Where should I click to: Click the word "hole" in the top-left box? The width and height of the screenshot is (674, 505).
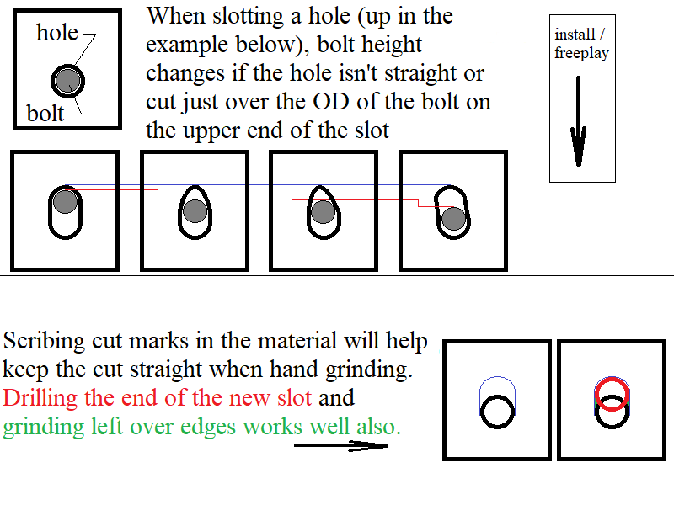point(57,33)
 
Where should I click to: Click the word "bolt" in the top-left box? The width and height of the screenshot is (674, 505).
point(45,114)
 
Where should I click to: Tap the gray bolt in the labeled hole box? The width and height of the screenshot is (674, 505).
point(68,81)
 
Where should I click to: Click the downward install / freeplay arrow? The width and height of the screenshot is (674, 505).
point(578,121)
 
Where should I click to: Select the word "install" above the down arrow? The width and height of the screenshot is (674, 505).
point(575,35)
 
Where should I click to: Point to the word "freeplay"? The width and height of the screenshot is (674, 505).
point(581,53)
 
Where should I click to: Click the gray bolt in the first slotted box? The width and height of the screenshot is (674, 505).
point(66,201)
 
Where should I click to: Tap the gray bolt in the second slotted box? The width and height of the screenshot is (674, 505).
point(195,211)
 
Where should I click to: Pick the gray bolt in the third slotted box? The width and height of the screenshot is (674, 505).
point(323,211)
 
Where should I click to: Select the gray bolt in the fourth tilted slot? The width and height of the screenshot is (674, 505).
point(453,219)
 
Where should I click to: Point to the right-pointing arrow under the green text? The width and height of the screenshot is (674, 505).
point(341,446)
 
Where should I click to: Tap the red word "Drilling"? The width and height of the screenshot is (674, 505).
point(40,398)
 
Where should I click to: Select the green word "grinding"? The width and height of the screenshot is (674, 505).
point(43,428)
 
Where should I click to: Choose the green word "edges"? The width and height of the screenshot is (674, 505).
point(207,428)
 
